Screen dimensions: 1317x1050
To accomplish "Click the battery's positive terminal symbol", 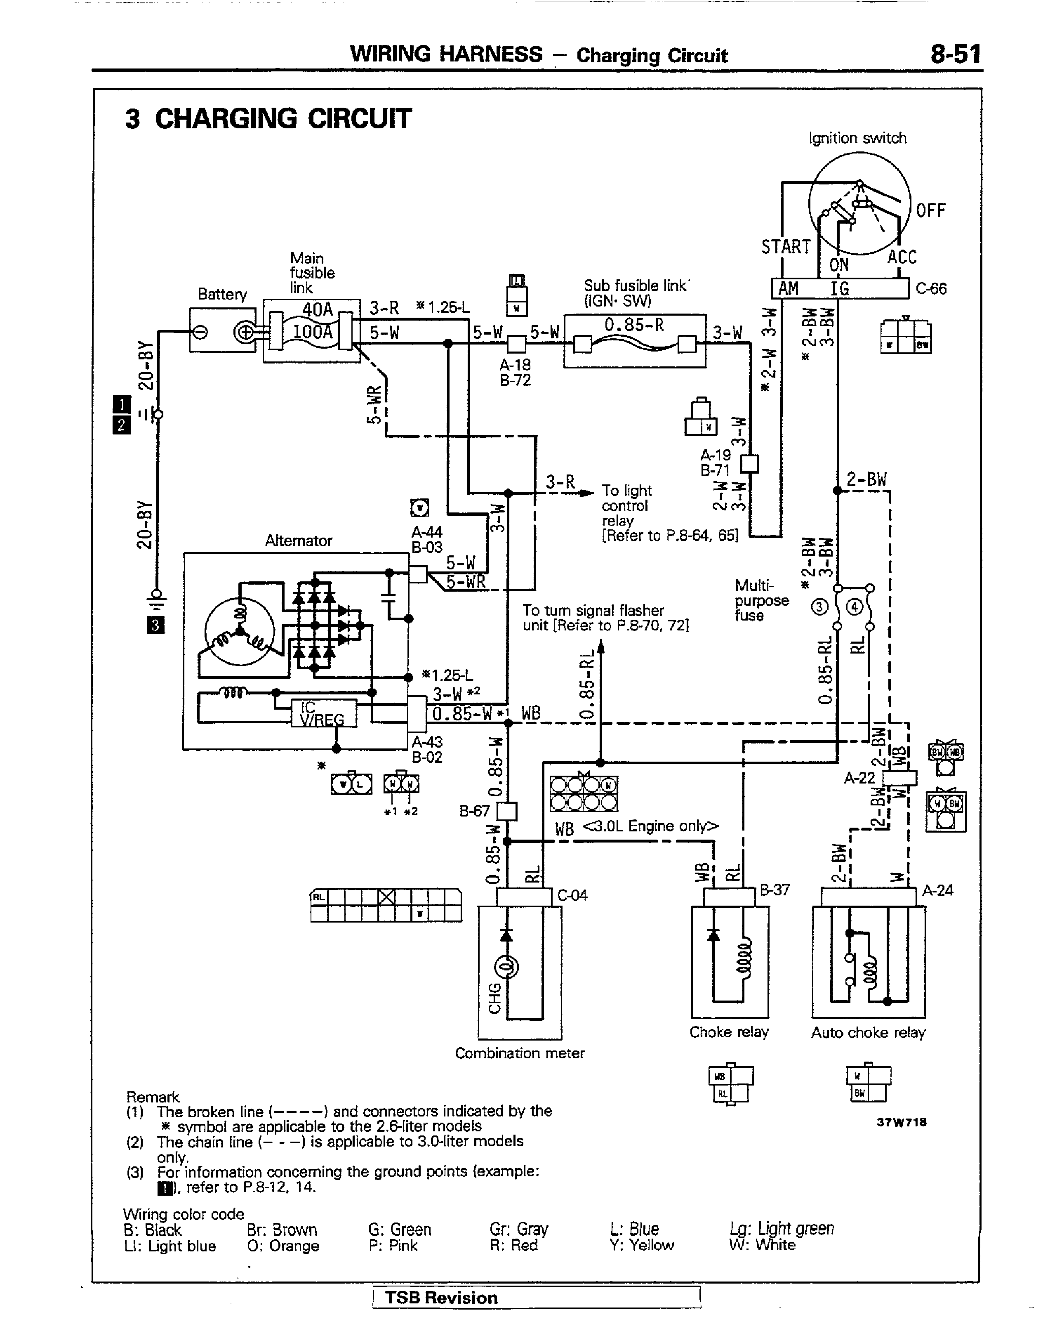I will (245, 332).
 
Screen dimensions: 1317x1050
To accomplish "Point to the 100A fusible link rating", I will (313, 332).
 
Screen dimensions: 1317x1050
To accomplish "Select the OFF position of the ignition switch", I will (931, 211).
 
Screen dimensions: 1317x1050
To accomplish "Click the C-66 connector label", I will (931, 288).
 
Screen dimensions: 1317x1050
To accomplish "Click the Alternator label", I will (299, 540).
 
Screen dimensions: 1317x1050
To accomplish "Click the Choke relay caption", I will (729, 1032).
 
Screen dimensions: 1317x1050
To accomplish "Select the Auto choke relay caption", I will (868, 1032).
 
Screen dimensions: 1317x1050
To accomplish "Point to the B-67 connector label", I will (474, 811).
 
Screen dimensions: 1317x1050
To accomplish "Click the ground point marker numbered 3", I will (155, 625).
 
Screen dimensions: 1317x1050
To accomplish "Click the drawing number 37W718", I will (902, 1121).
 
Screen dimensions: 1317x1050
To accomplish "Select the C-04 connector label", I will (572, 895).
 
